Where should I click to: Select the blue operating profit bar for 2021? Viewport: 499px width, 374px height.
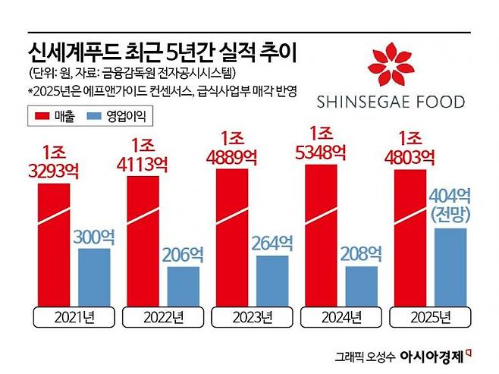tap(94, 275)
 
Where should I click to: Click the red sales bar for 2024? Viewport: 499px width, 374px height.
tap(320, 235)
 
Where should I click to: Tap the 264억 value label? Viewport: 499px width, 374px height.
tap(272, 244)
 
